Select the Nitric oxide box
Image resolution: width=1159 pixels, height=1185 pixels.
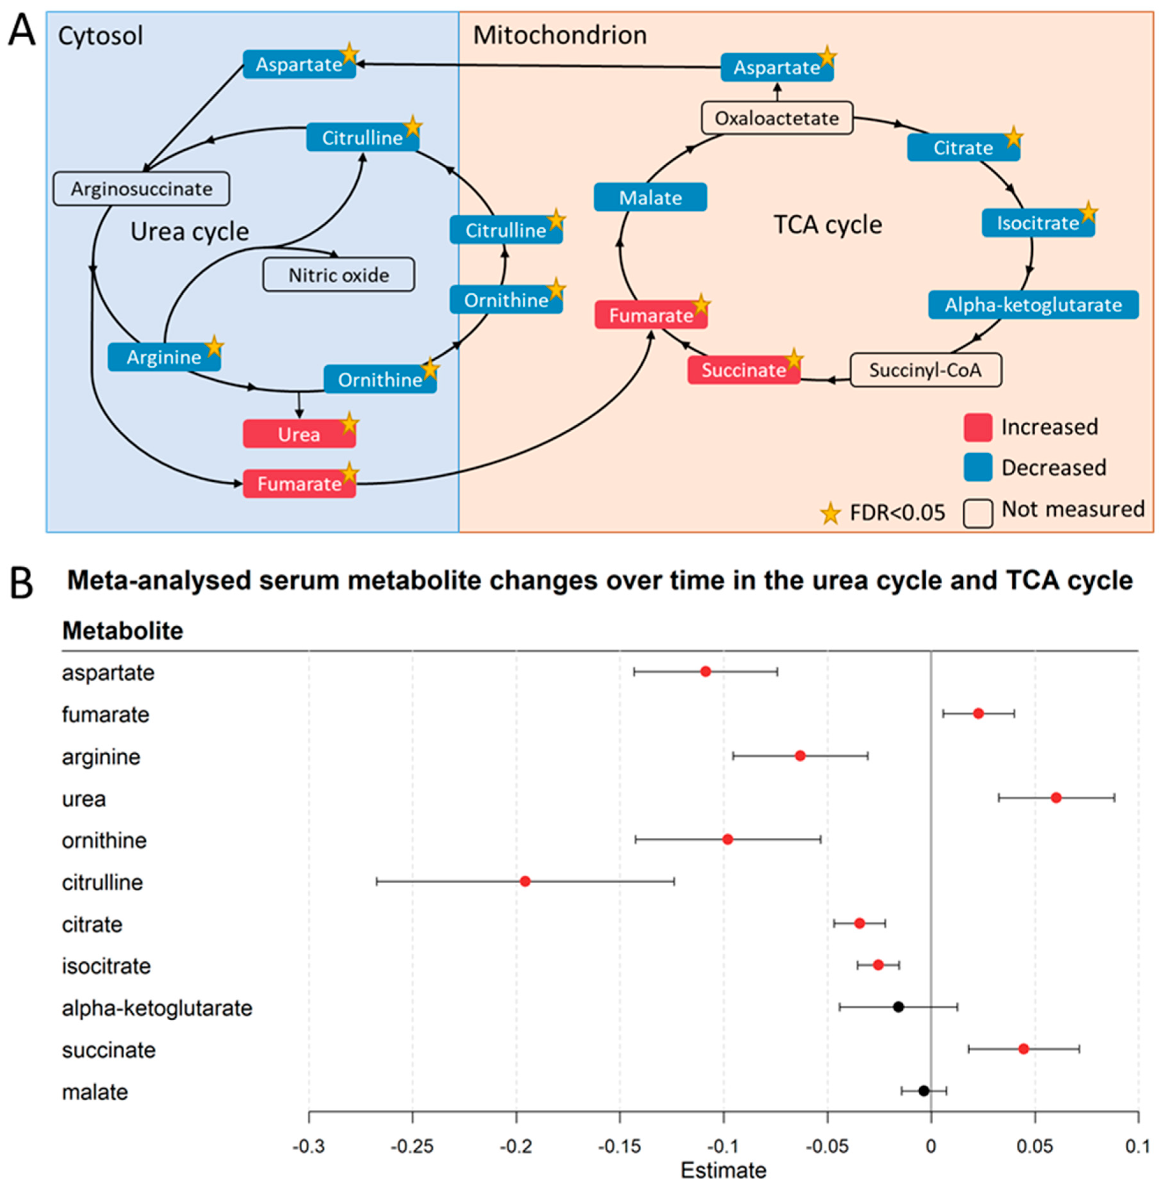click(339, 275)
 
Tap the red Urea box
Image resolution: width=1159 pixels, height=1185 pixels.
click(299, 434)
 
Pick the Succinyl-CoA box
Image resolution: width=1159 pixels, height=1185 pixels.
click(925, 370)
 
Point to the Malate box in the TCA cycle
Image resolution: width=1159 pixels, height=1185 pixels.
click(650, 198)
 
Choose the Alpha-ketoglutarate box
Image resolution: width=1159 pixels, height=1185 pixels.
click(1033, 305)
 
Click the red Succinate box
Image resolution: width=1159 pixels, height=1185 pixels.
click(743, 370)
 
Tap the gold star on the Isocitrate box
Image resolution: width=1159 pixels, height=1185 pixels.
click(1088, 213)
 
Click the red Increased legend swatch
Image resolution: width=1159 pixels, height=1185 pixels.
click(978, 427)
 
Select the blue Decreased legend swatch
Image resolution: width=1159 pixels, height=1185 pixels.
click(978, 467)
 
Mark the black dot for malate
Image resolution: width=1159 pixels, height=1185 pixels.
click(923, 1091)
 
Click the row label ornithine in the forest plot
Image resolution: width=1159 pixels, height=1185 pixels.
click(104, 840)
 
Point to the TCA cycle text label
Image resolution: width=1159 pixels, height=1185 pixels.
click(828, 225)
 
